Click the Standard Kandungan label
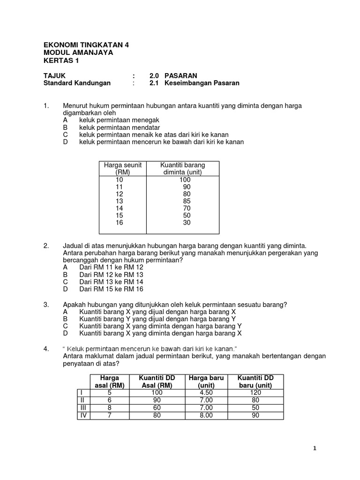[x=77, y=83]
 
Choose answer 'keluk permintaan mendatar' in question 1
[x=120, y=127]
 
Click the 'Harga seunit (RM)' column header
[x=122, y=169]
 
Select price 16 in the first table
[x=119, y=223]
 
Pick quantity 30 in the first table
[x=187, y=223]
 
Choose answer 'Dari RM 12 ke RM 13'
[x=111, y=274]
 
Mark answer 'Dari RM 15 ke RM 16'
[x=111, y=289]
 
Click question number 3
[x=46, y=304]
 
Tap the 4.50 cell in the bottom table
[x=206, y=393]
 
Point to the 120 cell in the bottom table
[x=255, y=393]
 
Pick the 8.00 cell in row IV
[x=206, y=415]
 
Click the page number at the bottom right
[x=315, y=449]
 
